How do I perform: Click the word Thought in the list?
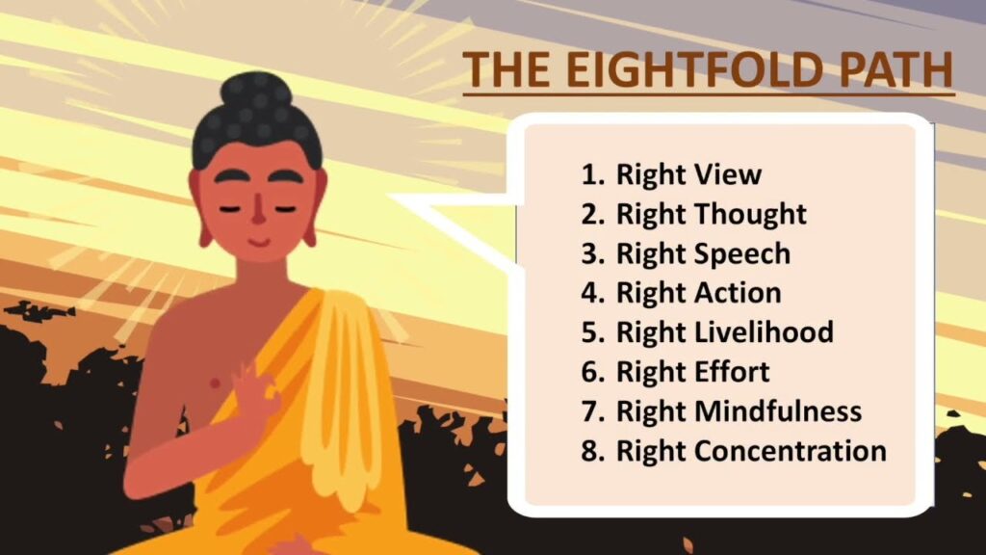(x=749, y=214)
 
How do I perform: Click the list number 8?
(x=590, y=450)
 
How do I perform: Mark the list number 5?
(x=590, y=332)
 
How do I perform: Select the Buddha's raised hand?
(x=246, y=385)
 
